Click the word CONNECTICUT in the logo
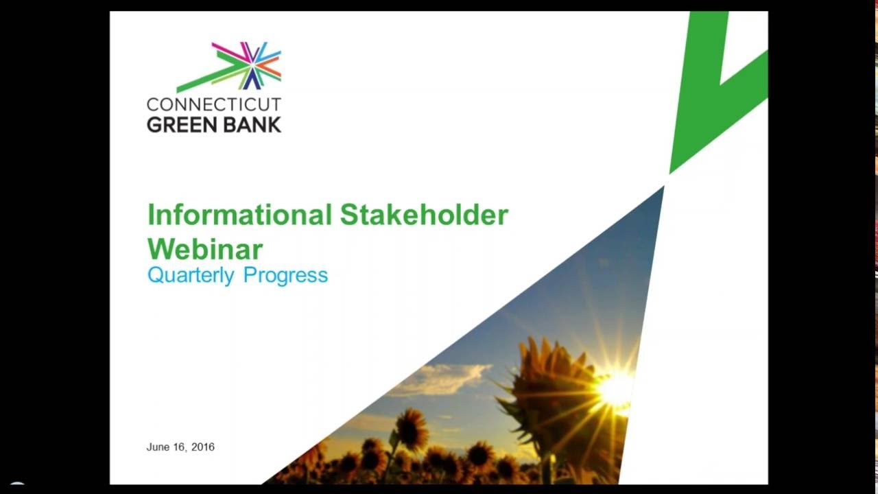pos(214,104)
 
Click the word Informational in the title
pos(239,215)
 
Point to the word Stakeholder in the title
pos(424,215)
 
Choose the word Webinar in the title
pos(205,248)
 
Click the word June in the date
pos(158,447)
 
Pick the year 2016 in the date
pos(202,447)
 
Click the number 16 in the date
pos(178,447)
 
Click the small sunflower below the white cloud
pos(412,429)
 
